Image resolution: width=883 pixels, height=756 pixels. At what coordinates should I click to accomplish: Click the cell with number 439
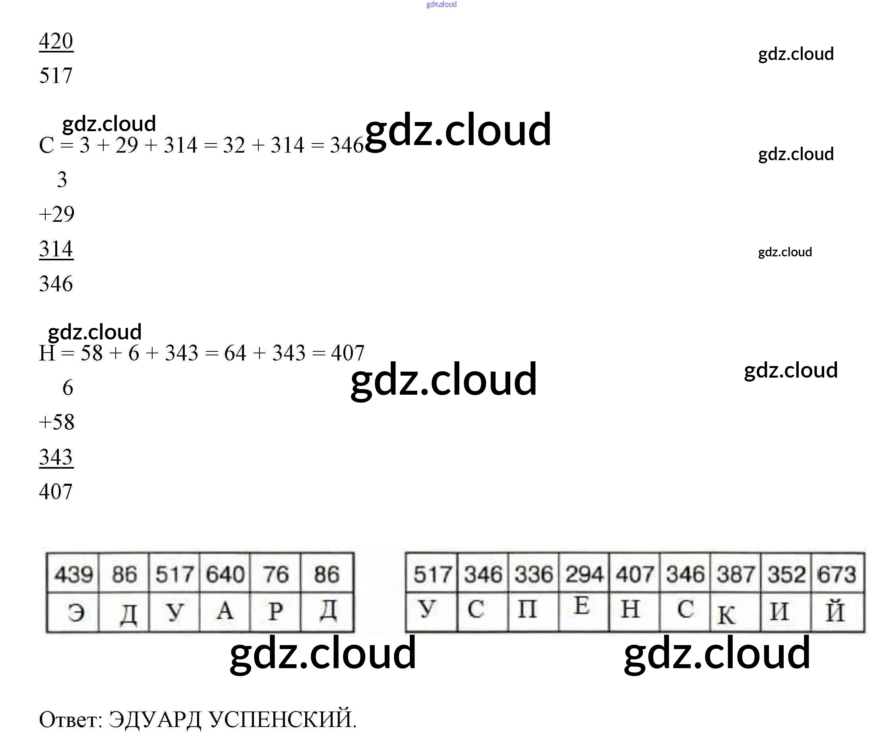73,574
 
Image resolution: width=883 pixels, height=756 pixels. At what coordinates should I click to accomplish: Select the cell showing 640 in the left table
225,574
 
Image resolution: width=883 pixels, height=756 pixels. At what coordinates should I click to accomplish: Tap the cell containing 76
275,574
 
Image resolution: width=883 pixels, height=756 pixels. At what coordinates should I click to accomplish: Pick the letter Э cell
76,613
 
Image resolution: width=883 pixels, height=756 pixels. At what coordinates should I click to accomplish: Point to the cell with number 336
533,574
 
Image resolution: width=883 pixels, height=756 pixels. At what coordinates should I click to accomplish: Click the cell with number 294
584,574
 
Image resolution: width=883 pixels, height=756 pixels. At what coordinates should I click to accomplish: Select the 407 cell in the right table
635,574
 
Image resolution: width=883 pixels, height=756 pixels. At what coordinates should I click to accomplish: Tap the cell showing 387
736,574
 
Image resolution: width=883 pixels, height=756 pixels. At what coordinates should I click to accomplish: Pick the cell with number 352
786,574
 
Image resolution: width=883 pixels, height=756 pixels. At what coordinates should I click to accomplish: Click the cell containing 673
837,574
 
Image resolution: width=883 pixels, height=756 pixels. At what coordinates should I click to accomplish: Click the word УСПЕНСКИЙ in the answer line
283,719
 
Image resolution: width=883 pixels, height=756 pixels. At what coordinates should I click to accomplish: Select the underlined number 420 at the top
56,41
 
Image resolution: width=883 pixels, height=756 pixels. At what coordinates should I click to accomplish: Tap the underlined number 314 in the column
56,249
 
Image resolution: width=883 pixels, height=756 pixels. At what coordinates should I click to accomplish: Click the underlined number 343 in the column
56,457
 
